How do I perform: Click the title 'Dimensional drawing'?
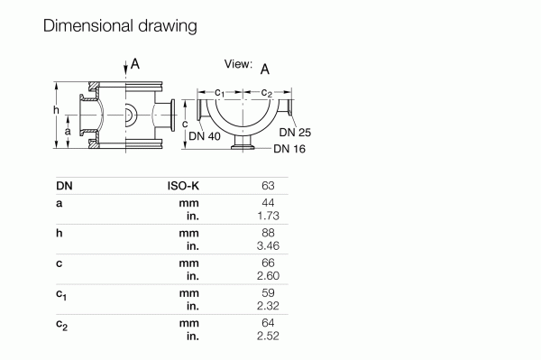(x=119, y=26)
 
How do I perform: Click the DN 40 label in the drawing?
(x=204, y=136)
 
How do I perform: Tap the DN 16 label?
(x=289, y=149)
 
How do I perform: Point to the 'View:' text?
(x=238, y=64)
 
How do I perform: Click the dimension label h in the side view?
(x=56, y=110)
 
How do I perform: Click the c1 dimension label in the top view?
(x=220, y=92)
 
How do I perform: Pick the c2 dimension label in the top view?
(x=267, y=92)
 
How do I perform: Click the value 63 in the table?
(x=267, y=186)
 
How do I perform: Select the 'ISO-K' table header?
(x=183, y=186)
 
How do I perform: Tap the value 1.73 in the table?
(x=264, y=217)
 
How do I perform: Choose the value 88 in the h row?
(x=267, y=234)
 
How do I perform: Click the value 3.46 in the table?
(x=264, y=246)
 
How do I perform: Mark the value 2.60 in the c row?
(x=264, y=276)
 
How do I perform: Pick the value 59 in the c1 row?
(x=267, y=293)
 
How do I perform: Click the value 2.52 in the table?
(x=264, y=336)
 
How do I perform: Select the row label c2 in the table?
(x=61, y=324)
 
